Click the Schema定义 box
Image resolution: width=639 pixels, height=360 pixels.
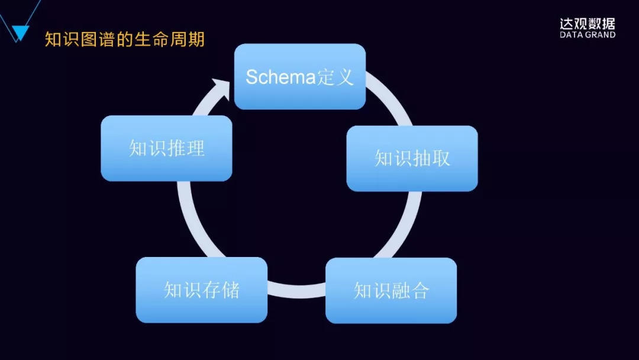(299, 76)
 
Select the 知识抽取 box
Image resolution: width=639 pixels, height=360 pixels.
(412, 158)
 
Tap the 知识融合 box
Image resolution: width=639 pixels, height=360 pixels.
(391, 290)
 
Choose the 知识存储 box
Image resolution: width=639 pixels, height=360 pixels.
(201, 290)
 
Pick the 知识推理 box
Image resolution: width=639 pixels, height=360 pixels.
(166, 148)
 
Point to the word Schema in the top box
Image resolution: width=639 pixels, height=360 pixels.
(280, 77)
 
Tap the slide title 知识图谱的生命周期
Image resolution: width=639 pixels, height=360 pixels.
(125, 40)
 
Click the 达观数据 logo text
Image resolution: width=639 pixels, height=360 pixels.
(587, 24)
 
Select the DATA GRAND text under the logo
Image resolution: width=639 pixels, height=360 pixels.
(587, 35)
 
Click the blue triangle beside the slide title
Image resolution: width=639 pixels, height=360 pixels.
(20, 34)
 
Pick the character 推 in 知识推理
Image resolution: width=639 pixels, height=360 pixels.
(176, 148)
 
